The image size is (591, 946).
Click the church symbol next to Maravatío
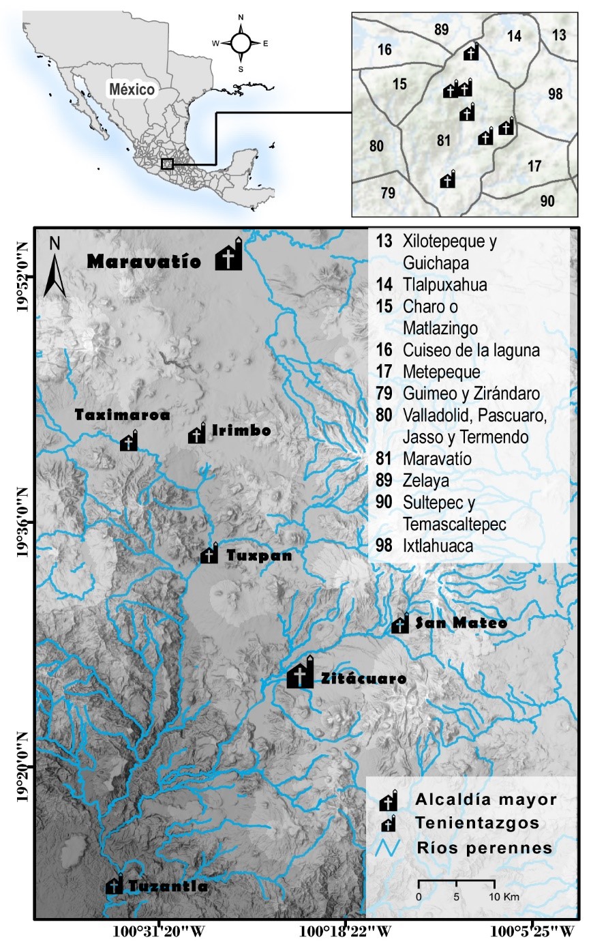[229, 256]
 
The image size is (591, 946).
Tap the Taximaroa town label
[122, 414]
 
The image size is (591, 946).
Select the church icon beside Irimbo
[197, 434]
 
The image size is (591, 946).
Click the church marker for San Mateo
[400, 624]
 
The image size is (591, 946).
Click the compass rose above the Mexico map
[241, 43]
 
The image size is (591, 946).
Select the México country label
[132, 89]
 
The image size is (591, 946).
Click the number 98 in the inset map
[555, 94]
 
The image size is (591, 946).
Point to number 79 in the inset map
[388, 192]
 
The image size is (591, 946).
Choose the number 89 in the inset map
[441, 29]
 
